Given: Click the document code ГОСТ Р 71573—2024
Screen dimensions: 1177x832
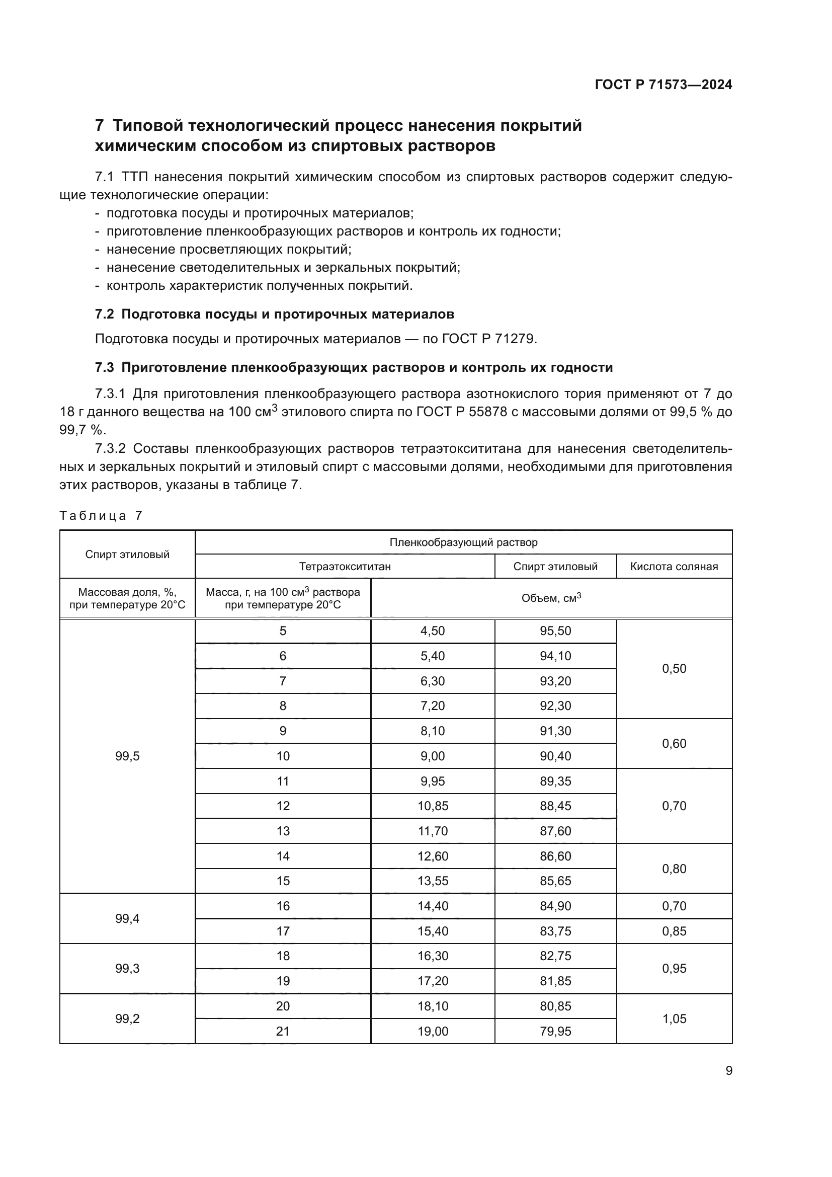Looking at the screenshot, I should (663, 85).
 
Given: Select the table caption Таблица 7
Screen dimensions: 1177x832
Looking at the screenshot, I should (101, 516).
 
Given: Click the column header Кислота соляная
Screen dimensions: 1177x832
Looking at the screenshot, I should (674, 567).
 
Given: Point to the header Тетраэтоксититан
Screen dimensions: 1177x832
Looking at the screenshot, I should (345, 567).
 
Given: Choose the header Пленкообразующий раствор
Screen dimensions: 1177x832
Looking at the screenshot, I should (463, 542).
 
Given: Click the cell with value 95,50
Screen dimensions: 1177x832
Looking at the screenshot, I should (555, 631).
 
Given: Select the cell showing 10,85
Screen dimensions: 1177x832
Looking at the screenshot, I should (433, 806).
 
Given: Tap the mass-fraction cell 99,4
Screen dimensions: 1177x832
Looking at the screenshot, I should (127, 919).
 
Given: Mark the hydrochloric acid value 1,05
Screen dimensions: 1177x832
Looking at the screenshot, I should (674, 1018).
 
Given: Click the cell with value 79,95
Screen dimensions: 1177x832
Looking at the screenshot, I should (555, 1031).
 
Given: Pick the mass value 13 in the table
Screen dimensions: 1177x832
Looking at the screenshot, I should (283, 831).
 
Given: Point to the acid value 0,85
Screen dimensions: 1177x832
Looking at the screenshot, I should (674, 931).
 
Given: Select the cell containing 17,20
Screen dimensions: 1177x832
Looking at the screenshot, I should (433, 981).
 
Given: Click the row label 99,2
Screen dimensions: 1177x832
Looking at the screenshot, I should (127, 1018).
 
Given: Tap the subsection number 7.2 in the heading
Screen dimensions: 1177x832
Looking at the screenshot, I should (105, 313).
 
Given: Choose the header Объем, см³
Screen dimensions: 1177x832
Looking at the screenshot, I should (551, 598).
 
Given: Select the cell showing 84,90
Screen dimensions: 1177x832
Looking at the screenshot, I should (555, 906).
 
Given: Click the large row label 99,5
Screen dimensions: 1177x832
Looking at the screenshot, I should (127, 756).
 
